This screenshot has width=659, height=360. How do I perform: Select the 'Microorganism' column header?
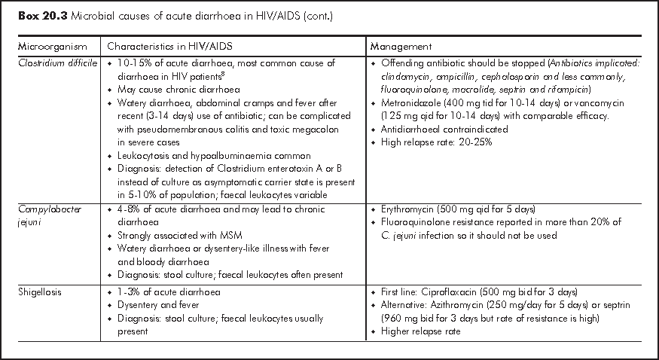pos(48,47)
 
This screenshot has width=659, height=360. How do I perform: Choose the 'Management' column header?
pos(401,47)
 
